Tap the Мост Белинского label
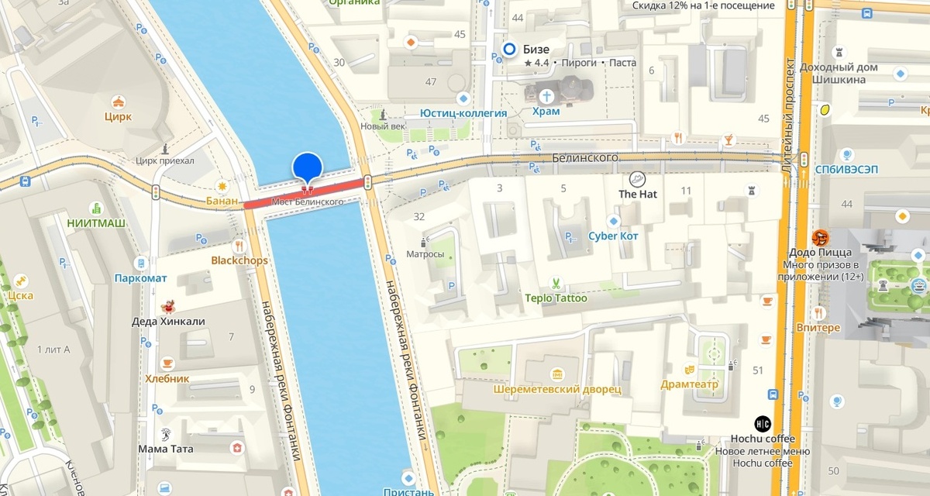308,201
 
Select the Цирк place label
118,117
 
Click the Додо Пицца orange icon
820,237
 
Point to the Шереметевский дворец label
557,389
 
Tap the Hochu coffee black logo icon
763,424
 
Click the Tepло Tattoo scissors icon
556,283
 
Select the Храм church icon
548,96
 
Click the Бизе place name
536,50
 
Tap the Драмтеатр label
689,384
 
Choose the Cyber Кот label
613,236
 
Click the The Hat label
637,194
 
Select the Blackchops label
239,260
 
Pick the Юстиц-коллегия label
463,113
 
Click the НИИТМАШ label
96,223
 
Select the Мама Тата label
166,449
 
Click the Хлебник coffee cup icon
167,363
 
